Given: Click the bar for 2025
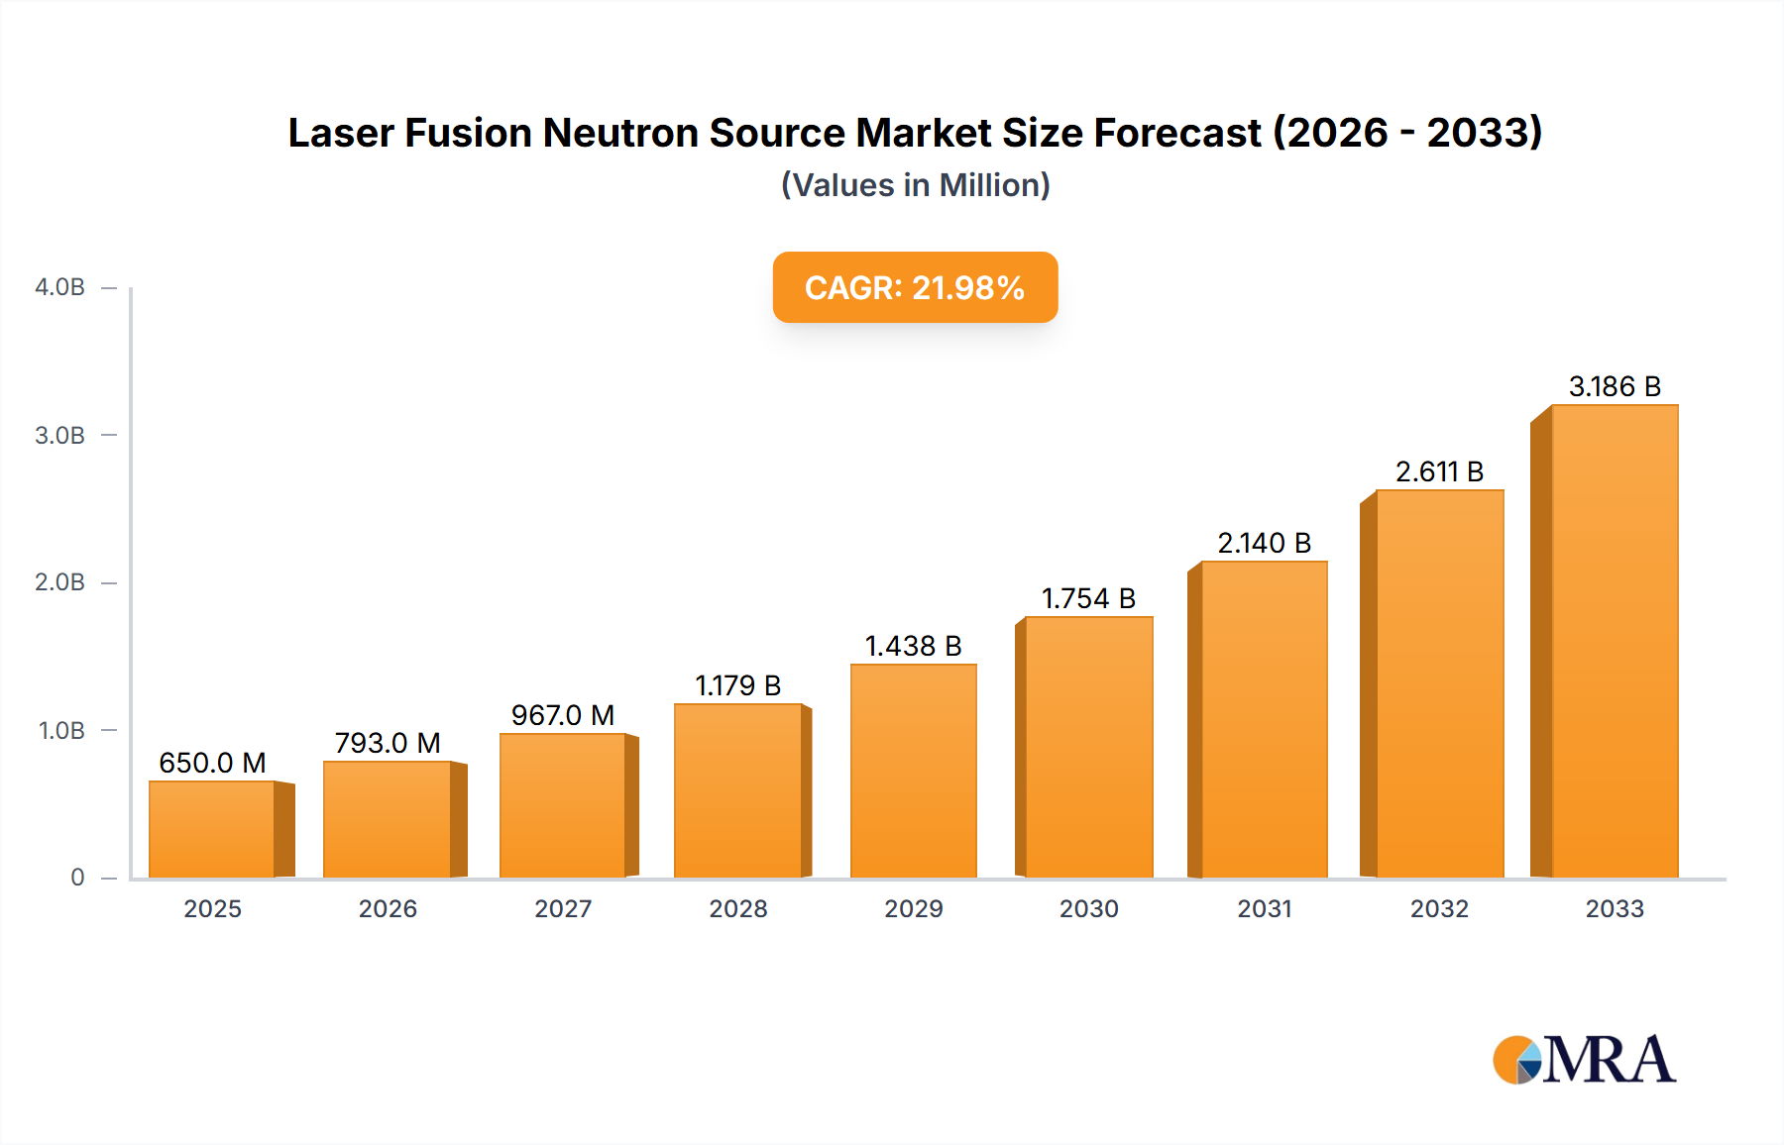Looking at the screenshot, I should (x=212, y=830).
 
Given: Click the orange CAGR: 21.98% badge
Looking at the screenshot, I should (x=915, y=287).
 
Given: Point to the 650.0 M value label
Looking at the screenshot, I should (x=212, y=763).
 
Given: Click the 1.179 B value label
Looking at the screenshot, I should (x=737, y=685).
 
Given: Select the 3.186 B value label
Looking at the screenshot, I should (x=1614, y=386).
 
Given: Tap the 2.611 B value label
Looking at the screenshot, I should (x=1439, y=471).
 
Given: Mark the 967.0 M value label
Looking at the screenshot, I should (x=562, y=715).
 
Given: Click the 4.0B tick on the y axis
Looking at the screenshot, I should (x=59, y=287).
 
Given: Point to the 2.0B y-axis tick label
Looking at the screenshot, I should (x=59, y=582).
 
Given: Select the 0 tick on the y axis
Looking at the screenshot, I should (x=77, y=878).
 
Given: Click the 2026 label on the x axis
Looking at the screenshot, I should (x=388, y=908).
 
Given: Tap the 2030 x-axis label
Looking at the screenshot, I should (x=1088, y=908).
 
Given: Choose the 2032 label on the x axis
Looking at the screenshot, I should (x=1439, y=908).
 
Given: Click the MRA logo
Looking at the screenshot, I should (x=1584, y=1060).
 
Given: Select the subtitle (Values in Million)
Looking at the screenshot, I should (x=915, y=185).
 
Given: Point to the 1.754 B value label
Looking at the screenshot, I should (x=1088, y=598).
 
